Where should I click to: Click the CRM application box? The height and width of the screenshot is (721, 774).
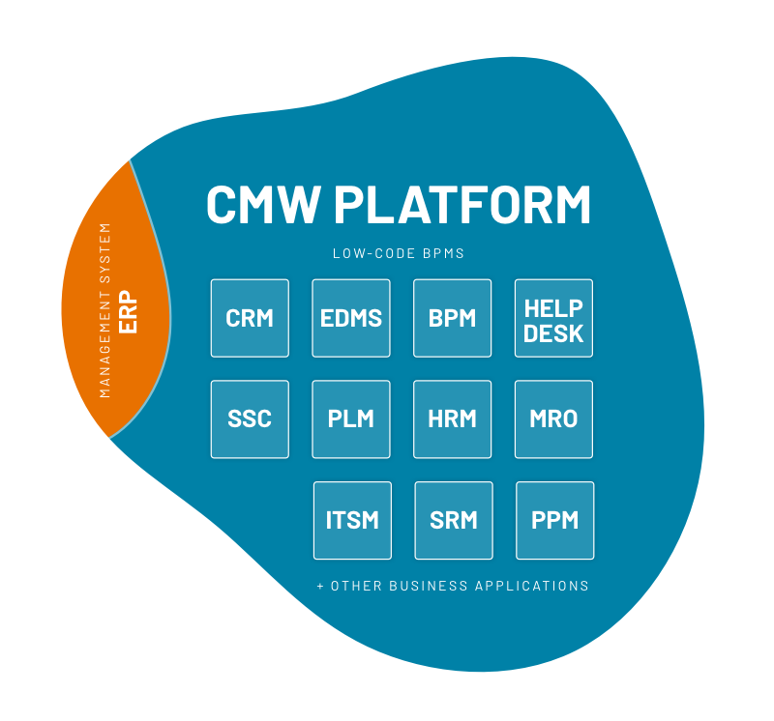click(x=250, y=318)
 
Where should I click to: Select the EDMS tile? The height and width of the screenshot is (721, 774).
click(x=351, y=318)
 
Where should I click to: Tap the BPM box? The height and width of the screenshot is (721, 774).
click(x=453, y=318)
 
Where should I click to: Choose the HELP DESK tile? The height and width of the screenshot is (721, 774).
click(x=553, y=318)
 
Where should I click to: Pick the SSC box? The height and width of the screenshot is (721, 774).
click(x=250, y=419)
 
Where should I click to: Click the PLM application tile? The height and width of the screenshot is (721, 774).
click(x=351, y=419)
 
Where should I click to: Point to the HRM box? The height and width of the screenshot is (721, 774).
click(x=453, y=419)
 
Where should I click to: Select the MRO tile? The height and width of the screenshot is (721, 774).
click(x=553, y=419)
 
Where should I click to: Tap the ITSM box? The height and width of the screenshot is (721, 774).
click(x=352, y=520)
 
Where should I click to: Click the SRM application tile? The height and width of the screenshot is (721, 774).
click(x=454, y=520)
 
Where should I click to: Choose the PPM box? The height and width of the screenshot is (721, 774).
click(x=555, y=520)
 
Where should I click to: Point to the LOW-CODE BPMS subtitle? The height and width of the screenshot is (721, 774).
click(x=399, y=254)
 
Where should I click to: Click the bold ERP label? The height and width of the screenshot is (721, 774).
click(x=129, y=312)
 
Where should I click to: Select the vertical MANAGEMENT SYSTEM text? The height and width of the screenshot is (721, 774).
click(x=105, y=310)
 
